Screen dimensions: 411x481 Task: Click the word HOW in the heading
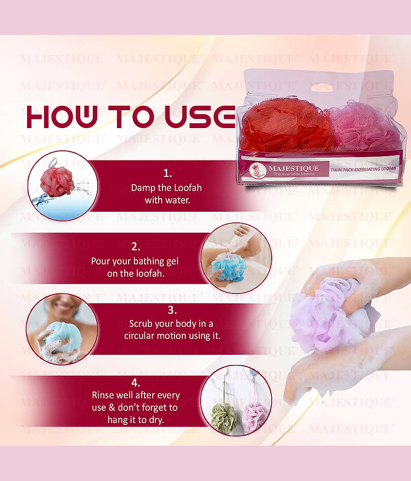coord(62,117)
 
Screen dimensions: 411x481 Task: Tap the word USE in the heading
coord(200,117)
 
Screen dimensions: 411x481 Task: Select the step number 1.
coord(167,174)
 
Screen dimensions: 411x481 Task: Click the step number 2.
coord(136,247)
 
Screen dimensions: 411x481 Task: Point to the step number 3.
coord(172,310)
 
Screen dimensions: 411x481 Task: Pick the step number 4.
coord(136,383)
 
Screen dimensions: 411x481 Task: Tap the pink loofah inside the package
coord(363,126)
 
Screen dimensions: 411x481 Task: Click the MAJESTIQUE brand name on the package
coord(294,168)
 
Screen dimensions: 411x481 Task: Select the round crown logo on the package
coord(258,171)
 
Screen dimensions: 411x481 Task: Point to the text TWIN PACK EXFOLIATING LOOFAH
coord(363,169)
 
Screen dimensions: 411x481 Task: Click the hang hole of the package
coord(322,87)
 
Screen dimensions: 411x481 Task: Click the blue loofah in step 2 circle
coord(229,266)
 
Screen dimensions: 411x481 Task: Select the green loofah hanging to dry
coord(224,418)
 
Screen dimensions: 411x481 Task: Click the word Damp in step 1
coord(143,188)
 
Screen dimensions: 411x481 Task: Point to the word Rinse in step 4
coord(103,395)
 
